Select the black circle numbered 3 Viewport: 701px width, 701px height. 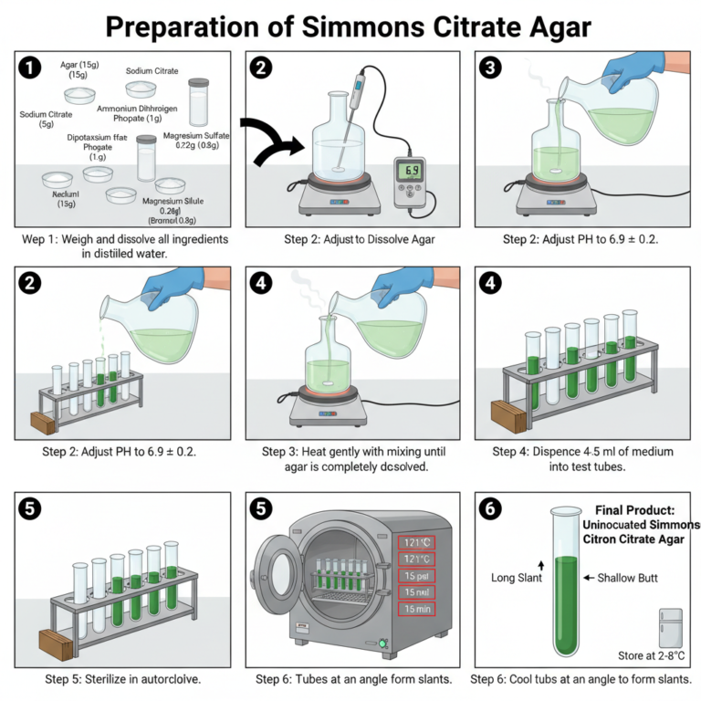[490, 68]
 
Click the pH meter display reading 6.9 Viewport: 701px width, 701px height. [411, 171]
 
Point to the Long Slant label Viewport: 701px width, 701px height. [518, 578]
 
